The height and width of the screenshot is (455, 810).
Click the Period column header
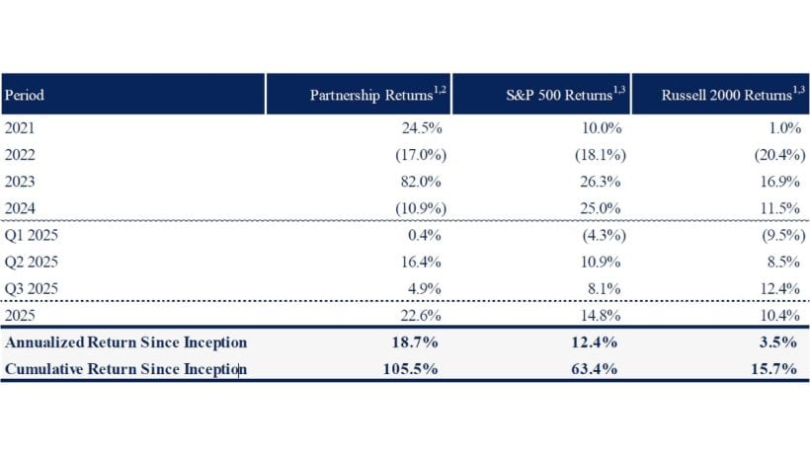(25, 96)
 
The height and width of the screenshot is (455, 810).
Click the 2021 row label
(22, 127)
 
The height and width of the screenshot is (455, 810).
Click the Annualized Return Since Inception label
(125, 342)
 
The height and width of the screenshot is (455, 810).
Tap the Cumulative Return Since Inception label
(125, 368)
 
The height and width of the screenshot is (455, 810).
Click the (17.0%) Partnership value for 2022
(421, 155)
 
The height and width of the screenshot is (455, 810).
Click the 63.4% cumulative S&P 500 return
(596, 368)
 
